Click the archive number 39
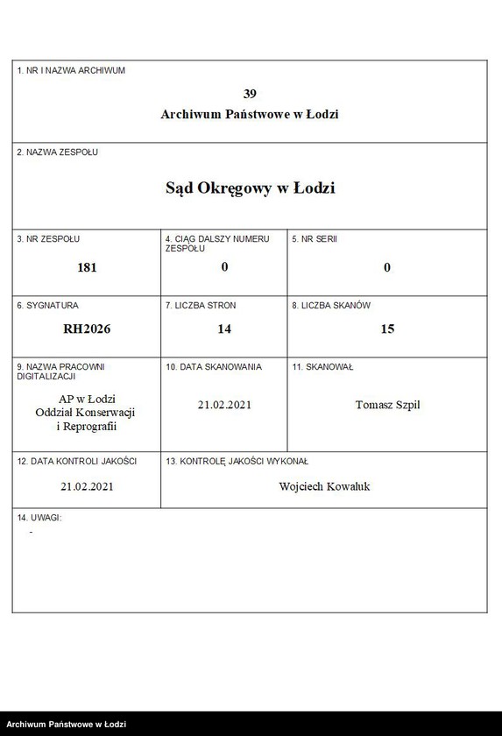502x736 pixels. pyautogui.click(x=250, y=93)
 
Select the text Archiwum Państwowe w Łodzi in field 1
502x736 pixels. pyautogui.click(x=250, y=114)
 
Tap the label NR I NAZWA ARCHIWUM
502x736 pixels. pyautogui.click(x=71, y=70)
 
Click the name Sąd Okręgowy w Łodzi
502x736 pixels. pyautogui.click(x=250, y=188)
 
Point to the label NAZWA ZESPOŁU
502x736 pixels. pyautogui.click(x=58, y=152)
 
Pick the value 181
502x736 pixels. pyautogui.click(x=87, y=267)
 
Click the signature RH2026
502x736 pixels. pyautogui.click(x=87, y=329)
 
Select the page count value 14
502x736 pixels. pyautogui.click(x=224, y=329)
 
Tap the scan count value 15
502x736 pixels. pyautogui.click(x=387, y=329)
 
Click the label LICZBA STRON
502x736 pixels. pyautogui.click(x=201, y=306)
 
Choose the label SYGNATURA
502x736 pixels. pyautogui.click(x=47, y=306)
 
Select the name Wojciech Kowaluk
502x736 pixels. pyautogui.click(x=324, y=485)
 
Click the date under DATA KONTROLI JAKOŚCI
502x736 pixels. pyautogui.click(x=87, y=485)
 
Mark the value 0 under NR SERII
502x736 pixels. pyautogui.click(x=387, y=267)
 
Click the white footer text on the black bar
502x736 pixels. pyautogui.click(x=67, y=725)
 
